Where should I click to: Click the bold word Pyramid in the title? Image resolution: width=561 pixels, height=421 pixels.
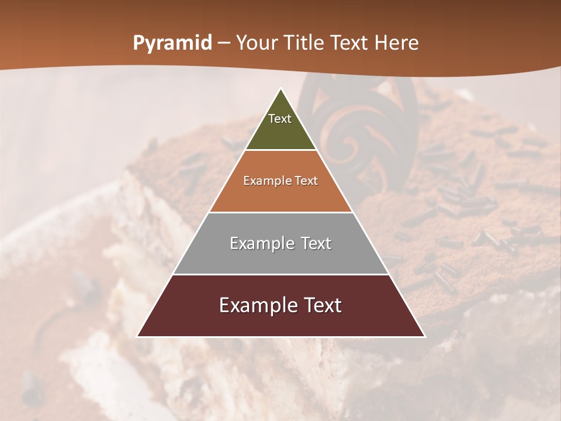click(x=172, y=43)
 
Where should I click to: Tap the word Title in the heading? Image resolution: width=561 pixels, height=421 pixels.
click(x=306, y=43)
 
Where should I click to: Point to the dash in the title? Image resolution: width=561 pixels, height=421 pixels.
click(x=224, y=43)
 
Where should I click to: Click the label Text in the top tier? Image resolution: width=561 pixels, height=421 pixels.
click(x=280, y=119)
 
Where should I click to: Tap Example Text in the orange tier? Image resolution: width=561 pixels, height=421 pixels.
click(x=280, y=181)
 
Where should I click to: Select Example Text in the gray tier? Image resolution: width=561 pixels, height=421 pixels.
click(x=280, y=243)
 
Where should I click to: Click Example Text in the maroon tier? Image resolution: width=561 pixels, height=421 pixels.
click(x=280, y=305)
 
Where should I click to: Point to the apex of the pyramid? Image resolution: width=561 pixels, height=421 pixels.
click(x=280, y=89)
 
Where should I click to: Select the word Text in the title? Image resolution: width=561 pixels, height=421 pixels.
click(x=350, y=43)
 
